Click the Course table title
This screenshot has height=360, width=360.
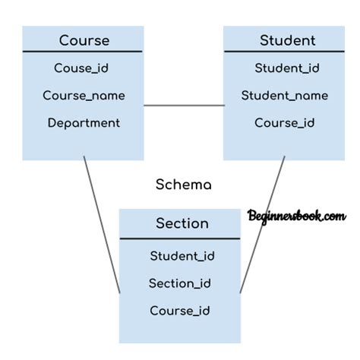coord(84,40)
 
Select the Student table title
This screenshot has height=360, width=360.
coord(288,40)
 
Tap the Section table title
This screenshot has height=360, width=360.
coord(182,223)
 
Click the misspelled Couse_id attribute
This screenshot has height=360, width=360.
coord(81,68)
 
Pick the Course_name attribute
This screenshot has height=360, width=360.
coord(84,96)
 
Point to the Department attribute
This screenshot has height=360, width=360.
coord(84,123)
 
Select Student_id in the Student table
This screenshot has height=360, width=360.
coord(287,68)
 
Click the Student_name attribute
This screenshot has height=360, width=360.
coord(285,96)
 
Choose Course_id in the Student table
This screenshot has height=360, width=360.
coord(285,123)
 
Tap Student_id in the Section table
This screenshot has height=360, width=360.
coord(182,256)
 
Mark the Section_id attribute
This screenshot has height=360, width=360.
coord(180,283)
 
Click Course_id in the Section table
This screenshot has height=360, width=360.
coord(180,311)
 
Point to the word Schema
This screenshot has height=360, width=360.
coord(184,185)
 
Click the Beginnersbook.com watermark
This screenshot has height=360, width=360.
coord(297,216)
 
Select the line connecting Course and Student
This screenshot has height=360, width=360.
coord(184,106)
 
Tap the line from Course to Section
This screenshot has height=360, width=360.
coord(102,225)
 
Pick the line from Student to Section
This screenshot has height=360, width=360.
coord(262,225)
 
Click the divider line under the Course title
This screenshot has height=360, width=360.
coord(83,52)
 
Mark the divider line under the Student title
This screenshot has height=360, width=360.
coord(284,52)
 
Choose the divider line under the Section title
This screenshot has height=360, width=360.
coord(180,238)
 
